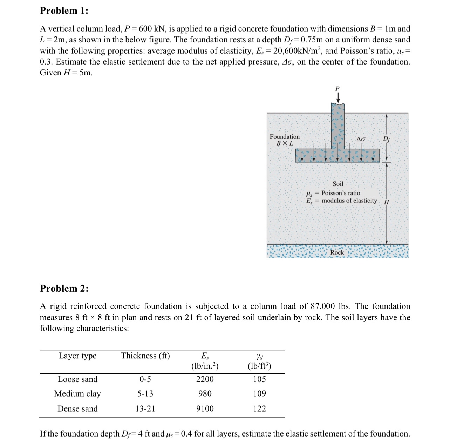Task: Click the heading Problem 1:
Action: (x=64, y=11)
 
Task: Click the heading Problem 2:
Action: (x=64, y=289)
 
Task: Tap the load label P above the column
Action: (x=338, y=88)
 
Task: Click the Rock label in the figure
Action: (x=337, y=252)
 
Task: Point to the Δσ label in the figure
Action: (x=361, y=139)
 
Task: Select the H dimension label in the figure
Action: (x=387, y=202)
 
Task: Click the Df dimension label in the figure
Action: (x=386, y=138)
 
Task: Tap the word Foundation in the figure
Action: (x=285, y=137)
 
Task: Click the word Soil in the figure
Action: (x=338, y=184)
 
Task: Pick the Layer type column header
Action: (x=77, y=356)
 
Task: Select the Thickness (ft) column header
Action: (x=145, y=356)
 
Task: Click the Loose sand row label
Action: (x=77, y=379)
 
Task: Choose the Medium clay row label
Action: (x=77, y=394)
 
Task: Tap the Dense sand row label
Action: (x=77, y=409)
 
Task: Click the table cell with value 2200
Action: (x=205, y=379)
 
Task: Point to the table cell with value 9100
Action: (x=205, y=409)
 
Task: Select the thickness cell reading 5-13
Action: (x=145, y=394)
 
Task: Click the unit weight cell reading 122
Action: (x=259, y=409)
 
